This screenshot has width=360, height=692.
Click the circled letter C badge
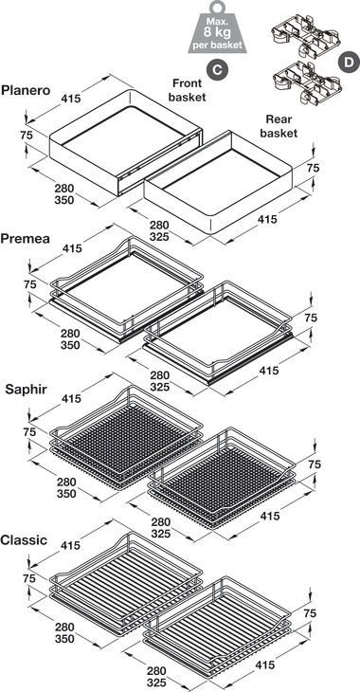[x=217, y=70]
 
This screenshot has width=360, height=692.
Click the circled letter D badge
[x=348, y=62]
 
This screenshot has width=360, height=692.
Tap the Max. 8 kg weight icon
[x=217, y=27]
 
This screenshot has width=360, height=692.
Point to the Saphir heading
[x=26, y=390]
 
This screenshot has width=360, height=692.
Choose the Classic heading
[x=24, y=539]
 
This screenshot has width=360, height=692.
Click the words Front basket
[x=187, y=90]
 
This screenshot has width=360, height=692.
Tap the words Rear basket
[x=279, y=126]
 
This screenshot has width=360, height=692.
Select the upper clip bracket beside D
[x=305, y=35]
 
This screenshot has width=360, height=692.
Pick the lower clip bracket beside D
[x=305, y=82]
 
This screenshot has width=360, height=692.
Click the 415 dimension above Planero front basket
[x=71, y=99]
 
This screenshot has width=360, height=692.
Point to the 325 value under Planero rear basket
[x=159, y=237]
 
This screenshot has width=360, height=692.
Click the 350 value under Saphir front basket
[x=66, y=493]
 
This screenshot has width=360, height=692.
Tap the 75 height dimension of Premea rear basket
[x=312, y=318]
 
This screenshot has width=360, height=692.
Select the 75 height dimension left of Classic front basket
[x=29, y=578]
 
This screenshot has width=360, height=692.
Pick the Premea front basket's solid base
[x=127, y=286]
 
